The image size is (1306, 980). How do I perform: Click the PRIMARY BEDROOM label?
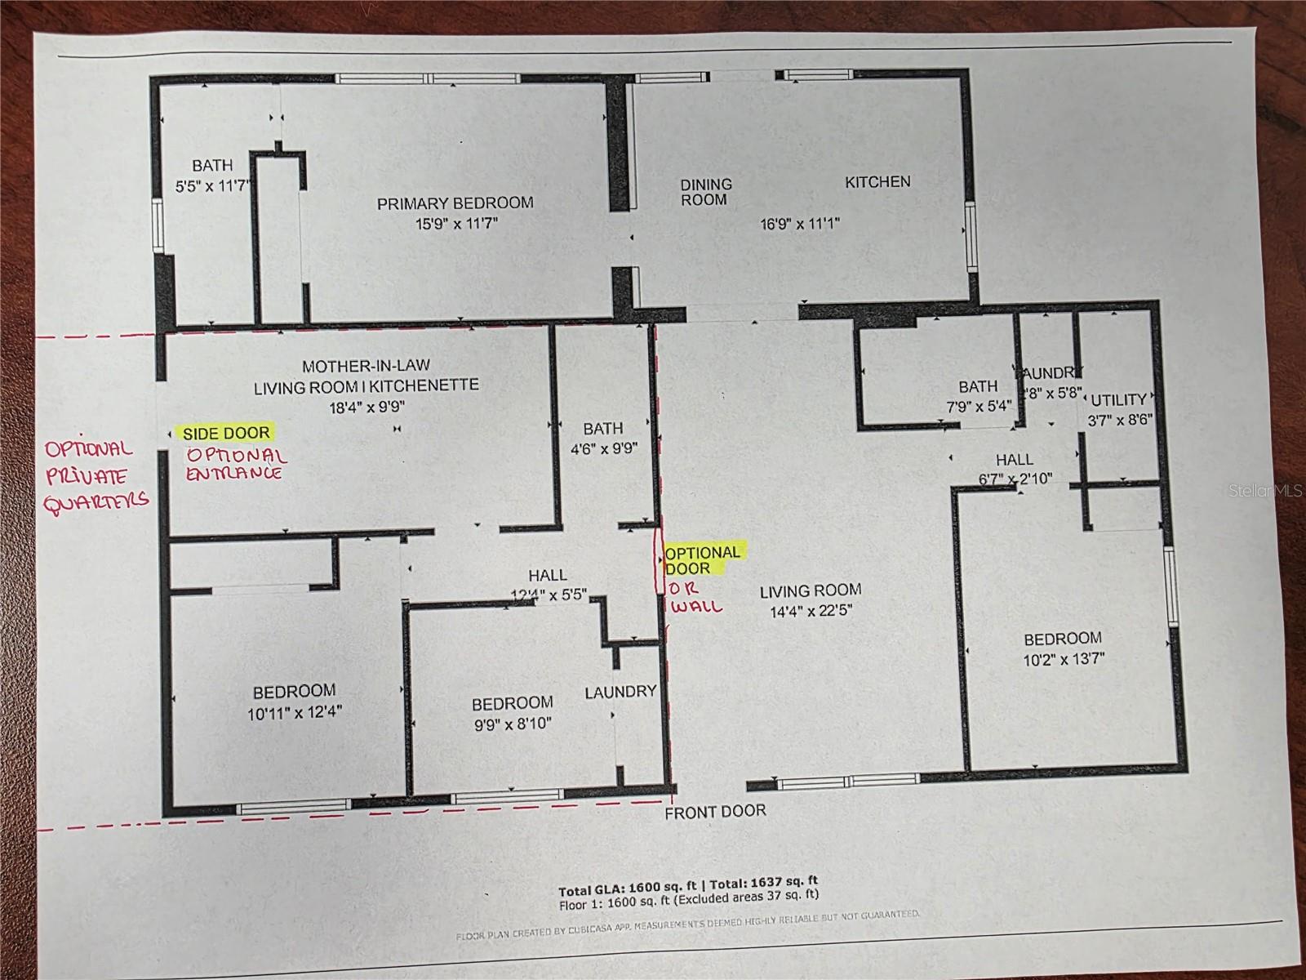455,203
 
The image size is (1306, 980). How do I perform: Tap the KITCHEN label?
877,181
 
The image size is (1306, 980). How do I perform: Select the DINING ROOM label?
706,192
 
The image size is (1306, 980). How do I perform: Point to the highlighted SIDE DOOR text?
226,433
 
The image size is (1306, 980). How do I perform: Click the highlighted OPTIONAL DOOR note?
702,560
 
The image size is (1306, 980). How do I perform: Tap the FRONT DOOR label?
715,811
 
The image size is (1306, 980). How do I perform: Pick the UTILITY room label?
1118,400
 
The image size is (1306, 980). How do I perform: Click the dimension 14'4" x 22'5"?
811,610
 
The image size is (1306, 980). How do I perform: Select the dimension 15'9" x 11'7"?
455,222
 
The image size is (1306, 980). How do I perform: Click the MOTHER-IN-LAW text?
366,366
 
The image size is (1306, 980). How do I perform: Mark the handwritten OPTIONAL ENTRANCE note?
236,464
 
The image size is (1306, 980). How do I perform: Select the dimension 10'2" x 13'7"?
1063,658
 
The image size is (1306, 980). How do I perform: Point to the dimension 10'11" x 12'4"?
294,712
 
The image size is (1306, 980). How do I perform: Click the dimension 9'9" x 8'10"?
512,724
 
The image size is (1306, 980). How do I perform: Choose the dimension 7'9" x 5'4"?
978,405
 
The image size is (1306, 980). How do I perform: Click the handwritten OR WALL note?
695,598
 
